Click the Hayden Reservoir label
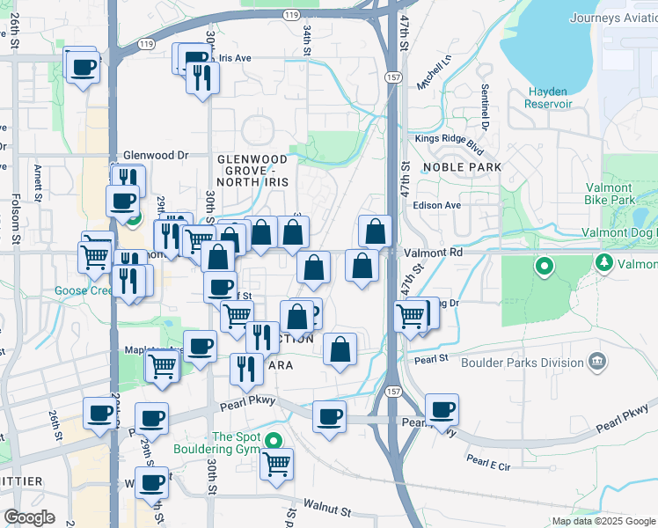550,98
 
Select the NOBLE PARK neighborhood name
462,167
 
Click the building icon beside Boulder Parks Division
597,360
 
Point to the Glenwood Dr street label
157,155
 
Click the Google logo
29,517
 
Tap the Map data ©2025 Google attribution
603,521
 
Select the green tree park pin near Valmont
604,263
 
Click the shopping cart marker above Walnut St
276,463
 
